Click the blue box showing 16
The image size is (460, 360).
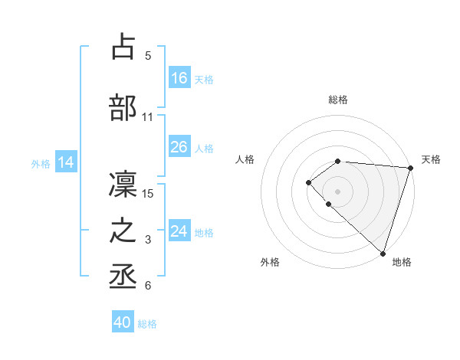click(x=179, y=78)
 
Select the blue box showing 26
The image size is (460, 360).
click(x=179, y=147)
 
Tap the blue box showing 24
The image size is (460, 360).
click(x=179, y=231)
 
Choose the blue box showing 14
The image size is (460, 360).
click(x=66, y=162)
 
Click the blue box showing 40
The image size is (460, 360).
click(x=123, y=322)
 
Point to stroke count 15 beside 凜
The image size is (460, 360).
click(x=149, y=193)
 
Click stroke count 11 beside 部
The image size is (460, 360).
click(x=148, y=117)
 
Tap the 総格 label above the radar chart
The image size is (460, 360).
click(x=337, y=100)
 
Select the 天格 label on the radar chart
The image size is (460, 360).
click(x=431, y=159)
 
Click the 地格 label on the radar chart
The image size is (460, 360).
click(x=402, y=262)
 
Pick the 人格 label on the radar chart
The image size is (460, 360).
click(x=245, y=159)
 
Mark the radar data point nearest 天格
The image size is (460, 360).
click(x=410, y=168)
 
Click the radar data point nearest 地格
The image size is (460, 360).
click(x=383, y=253)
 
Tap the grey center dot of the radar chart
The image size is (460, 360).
click(x=337, y=191)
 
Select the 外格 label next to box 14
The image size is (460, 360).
click(x=40, y=163)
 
